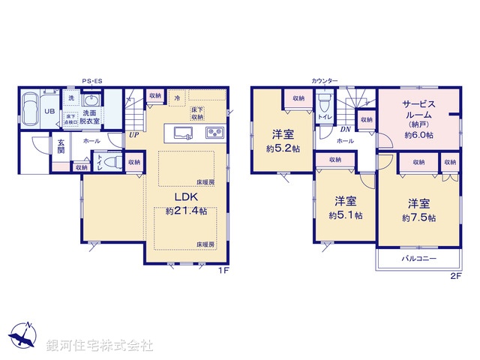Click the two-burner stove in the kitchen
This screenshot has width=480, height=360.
214,133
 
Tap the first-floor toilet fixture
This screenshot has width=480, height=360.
103,161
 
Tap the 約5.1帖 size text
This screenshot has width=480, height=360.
345,215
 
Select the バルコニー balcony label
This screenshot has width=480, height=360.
418,258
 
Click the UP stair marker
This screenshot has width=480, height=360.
133,136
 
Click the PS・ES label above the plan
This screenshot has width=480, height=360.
92,81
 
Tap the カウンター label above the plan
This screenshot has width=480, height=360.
325,80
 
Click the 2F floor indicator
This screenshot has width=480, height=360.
455,276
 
